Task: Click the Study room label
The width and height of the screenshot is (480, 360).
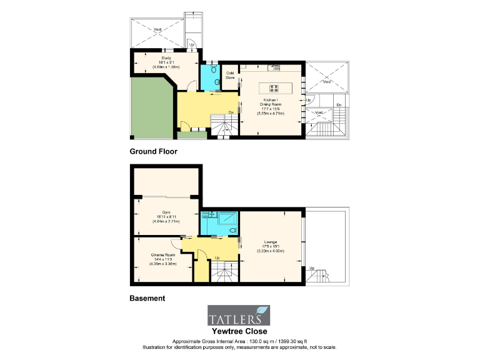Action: pyautogui.click(x=166, y=57)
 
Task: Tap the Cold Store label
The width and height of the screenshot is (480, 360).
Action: pyautogui.click(x=229, y=75)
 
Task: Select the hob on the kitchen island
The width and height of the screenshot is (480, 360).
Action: pyautogui.click(x=274, y=87)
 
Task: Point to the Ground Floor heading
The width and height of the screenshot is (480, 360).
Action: pyautogui.click(x=153, y=151)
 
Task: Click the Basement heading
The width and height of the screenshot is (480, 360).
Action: pyautogui.click(x=147, y=298)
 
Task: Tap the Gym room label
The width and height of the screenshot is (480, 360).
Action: pyautogui.click(x=165, y=213)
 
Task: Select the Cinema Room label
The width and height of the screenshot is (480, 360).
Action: pyautogui.click(x=162, y=255)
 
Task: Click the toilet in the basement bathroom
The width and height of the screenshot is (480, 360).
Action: pyautogui.click(x=232, y=230)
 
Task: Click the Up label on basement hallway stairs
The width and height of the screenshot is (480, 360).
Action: pyautogui.click(x=217, y=257)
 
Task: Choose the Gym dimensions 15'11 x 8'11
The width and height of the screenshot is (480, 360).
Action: pyautogui.click(x=165, y=217)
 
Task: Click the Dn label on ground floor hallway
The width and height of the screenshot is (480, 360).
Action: pyautogui.click(x=231, y=112)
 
